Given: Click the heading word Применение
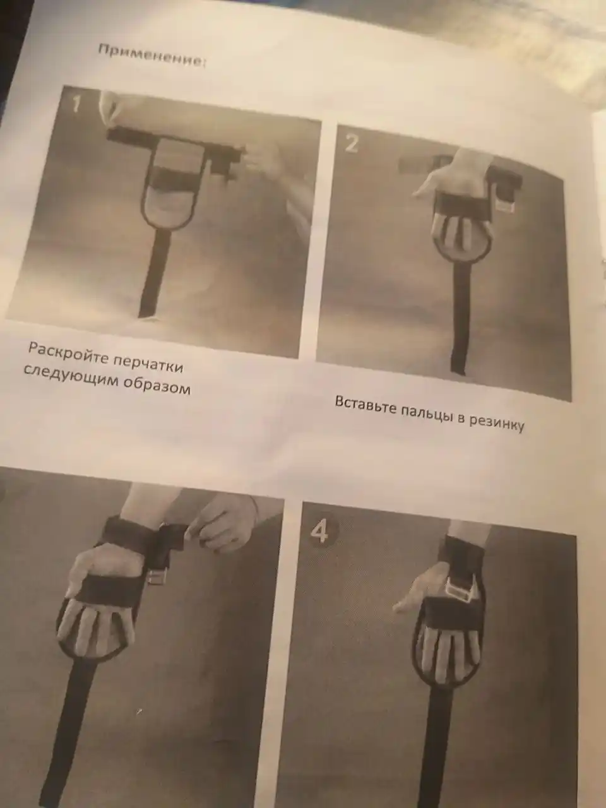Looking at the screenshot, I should click(151, 56).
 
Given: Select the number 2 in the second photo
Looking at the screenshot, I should click(351, 143).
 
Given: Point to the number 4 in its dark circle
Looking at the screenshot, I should click(320, 533).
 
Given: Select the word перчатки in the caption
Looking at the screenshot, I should click(148, 365).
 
